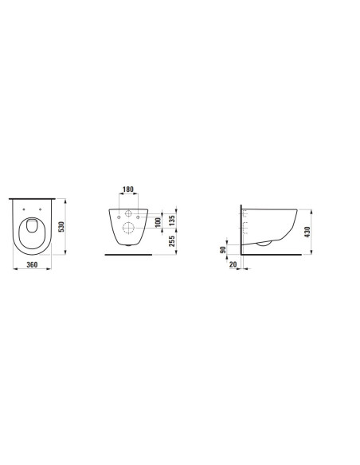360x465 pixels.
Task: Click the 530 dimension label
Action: point(61,227)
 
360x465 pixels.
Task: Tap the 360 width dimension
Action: point(32,264)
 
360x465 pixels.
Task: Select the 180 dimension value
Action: point(128,190)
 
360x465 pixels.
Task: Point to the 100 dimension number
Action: point(158,222)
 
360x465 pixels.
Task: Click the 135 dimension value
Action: point(172,220)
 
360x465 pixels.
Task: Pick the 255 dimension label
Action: point(172,241)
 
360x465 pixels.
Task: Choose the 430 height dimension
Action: point(307,232)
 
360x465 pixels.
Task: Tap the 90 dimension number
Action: point(223,250)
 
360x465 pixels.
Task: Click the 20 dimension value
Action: point(233,264)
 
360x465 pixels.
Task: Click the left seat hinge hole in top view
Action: point(24,209)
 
